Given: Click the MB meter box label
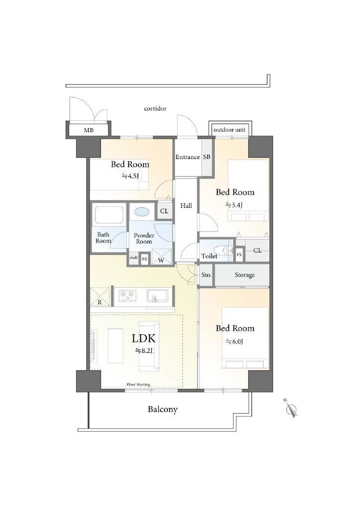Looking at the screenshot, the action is tap(89, 130).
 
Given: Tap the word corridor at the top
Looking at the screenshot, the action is tap(155, 108).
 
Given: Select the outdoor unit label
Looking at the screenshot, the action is tap(230, 130).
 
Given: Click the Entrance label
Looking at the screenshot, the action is tap(187, 157).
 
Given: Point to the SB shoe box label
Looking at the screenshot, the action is tap(207, 157).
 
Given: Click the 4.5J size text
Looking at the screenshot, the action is tap(130, 176).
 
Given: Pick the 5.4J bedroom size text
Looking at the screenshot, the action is tap(234, 205).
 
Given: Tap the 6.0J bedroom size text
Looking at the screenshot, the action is tap(234, 341).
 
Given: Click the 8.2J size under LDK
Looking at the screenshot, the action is tap(144, 350).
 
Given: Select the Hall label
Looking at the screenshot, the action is tap(186, 205).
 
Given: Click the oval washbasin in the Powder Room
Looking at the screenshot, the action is tap(142, 212).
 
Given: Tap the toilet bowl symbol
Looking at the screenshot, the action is tap(227, 251).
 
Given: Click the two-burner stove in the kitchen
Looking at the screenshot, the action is tap(127, 295).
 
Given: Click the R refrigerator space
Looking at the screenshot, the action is tap(99, 296).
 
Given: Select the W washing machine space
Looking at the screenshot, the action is tap(161, 256).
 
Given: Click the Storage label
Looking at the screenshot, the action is tap(245, 275).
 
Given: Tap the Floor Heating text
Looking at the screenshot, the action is tap(138, 384).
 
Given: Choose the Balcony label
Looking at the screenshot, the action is tap(163, 410).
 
